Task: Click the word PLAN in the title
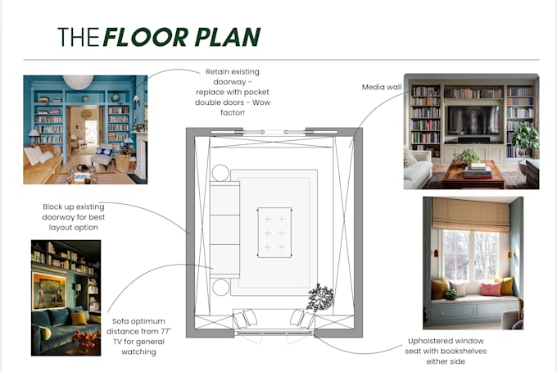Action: [228, 37]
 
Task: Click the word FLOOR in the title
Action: [146, 37]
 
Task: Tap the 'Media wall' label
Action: [382, 87]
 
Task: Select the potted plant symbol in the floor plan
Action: [320, 297]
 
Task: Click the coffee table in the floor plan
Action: [274, 233]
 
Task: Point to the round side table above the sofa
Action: [220, 173]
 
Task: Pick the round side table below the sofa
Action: [220, 287]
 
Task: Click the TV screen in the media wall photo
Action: [473, 120]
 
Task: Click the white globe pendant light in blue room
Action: [78, 81]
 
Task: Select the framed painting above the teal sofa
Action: [49, 291]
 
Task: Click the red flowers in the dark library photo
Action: [84, 339]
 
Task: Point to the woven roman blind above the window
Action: [471, 215]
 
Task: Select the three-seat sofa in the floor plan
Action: [225, 229]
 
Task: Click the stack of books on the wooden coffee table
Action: [478, 171]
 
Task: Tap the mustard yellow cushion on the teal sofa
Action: [79, 319]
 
